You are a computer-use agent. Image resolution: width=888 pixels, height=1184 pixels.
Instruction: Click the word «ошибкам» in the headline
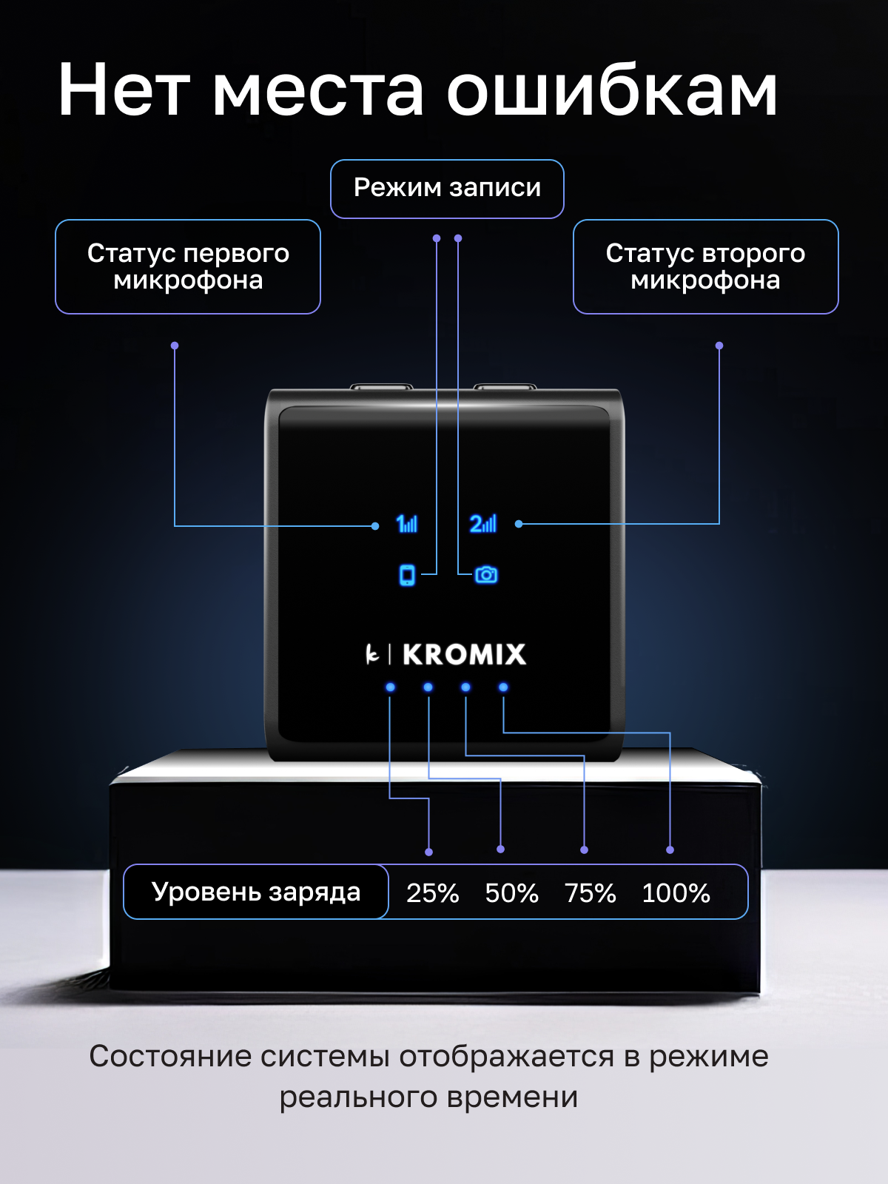click(x=611, y=90)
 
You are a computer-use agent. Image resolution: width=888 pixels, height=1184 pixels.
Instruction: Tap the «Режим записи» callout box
click(x=447, y=189)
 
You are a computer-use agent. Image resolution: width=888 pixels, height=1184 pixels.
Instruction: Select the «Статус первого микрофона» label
click(x=188, y=266)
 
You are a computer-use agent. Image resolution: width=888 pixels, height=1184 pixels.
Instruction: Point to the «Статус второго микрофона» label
click(x=705, y=266)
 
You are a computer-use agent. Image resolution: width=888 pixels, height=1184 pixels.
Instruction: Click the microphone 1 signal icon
click(x=407, y=524)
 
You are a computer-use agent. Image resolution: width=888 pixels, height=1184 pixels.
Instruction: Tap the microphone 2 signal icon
click(x=483, y=524)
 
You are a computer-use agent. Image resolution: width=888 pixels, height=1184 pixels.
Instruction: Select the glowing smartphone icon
click(x=407, y=574)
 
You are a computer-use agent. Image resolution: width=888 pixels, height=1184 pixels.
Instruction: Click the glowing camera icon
click(x=486, y=574)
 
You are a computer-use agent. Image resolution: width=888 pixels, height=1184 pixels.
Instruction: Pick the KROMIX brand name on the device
click(x=464, y=655)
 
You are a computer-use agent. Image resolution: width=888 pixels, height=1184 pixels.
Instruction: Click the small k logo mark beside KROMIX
click(x=372, y=654)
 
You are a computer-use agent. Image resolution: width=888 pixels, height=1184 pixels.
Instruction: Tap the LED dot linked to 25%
click(x=390, y=687)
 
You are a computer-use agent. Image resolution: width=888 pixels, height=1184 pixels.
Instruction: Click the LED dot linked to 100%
click(x=503, y=687)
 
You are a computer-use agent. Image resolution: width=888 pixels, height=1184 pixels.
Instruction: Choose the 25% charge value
click(x=433, y=893)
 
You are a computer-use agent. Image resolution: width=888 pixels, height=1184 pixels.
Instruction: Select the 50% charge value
click(x=511, y=893)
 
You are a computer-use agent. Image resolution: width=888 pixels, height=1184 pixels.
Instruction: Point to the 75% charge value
click(x=590, y=893)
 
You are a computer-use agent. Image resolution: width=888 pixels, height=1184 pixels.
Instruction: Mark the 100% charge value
click(x=676, y=893)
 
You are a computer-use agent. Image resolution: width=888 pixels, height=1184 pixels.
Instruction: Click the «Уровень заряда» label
click(x=256, y=892)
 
